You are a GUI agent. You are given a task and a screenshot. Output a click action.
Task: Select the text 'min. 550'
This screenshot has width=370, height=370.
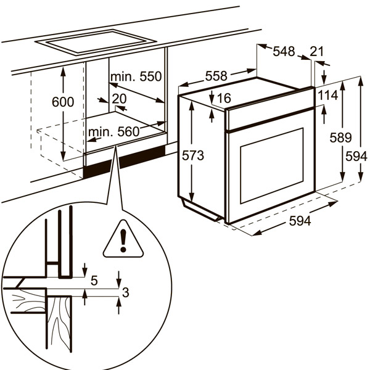(x=136, y=77)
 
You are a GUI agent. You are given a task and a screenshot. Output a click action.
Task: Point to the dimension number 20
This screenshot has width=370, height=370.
(x=120, y=99)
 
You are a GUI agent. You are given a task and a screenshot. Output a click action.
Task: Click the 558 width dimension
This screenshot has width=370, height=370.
(x=216, y=76)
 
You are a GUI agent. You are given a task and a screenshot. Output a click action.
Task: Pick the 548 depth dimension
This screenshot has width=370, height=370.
(x=284, y=52)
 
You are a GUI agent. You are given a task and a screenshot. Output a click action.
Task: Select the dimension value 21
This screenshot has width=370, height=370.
(x=317, y=52)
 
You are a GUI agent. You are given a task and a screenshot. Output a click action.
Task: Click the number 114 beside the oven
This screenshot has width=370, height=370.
(x=327, y=95)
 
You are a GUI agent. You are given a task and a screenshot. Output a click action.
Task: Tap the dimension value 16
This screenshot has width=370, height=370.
(x=223, y=98)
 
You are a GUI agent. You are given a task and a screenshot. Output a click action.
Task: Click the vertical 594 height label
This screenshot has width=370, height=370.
(x=356, y=157)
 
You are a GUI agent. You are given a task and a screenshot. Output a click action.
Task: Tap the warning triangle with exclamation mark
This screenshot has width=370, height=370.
(x=123, y=240)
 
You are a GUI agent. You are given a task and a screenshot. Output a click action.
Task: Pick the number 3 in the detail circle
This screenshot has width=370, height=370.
(x=125, y=293)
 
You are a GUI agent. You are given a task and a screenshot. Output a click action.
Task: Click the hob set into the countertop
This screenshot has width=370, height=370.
(x=96, y=41)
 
